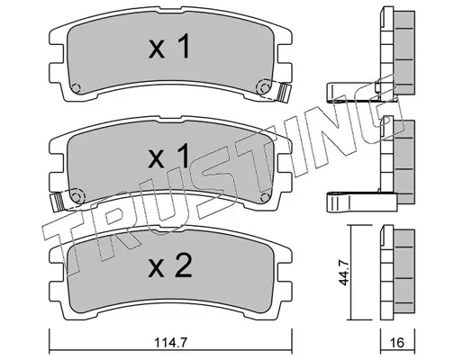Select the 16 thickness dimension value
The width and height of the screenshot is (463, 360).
click(397, 343)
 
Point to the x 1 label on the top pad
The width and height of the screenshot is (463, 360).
click(169, 46)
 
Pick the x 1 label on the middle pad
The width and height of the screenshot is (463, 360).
click(169, 156)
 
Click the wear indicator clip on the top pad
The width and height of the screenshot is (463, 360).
click(285, 92)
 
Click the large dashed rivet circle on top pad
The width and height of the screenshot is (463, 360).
click(263, 88)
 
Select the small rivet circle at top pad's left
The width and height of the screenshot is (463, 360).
click(76, 88)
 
